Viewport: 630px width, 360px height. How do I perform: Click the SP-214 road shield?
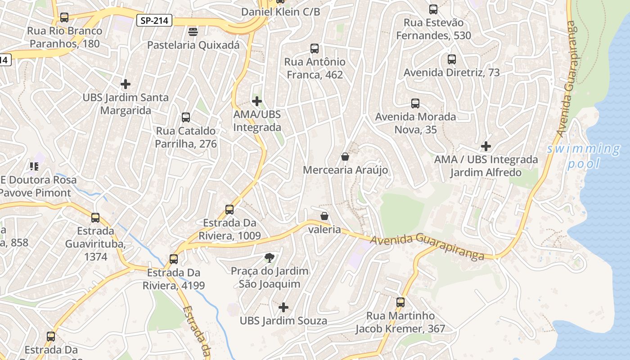[x=154, y=20]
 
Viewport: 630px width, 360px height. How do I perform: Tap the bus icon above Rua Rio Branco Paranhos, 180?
[x=64, y=18]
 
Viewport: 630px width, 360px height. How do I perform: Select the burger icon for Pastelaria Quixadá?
[x=193, y=32]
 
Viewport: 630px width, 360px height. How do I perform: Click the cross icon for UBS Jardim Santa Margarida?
[x=126, y=84]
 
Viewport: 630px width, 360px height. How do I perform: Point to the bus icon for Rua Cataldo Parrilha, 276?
[x=185, y=117]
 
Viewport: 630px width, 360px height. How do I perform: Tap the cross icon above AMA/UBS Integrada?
[x=257, y=101]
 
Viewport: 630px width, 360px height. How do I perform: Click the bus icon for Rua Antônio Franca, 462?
[x=315, y=49]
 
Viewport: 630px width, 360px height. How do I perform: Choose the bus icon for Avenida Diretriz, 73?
[x=451, y=59]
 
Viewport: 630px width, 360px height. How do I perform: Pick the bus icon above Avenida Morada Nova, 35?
[x=415, y=103]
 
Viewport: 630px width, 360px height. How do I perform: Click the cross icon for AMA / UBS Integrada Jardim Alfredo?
[x=486, y=146]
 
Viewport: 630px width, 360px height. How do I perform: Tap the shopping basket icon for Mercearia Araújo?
[x=345, y=157]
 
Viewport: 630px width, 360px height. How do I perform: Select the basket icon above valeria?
[x=324, y=216]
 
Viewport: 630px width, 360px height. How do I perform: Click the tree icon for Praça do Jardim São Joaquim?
[x=269, y=258]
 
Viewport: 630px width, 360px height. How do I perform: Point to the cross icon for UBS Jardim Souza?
[x=283, y=307]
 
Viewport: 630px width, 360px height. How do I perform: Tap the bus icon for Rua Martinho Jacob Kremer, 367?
[x=400, y=302]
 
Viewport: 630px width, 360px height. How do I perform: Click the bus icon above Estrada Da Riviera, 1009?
[x=229, y=210]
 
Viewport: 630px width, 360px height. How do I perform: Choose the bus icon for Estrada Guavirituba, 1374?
[x=95, y=218]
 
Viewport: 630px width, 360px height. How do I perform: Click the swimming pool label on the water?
[x=584, y=156]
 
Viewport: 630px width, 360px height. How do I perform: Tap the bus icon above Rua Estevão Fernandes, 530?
[x=433, y=9]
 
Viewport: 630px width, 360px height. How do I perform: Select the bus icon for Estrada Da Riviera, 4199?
[x=174, y=259]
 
